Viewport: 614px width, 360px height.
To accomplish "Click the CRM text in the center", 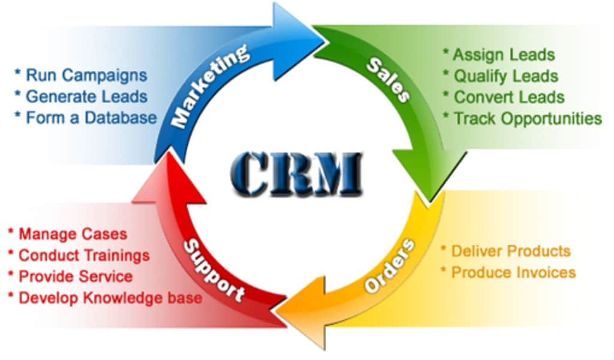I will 296,173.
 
